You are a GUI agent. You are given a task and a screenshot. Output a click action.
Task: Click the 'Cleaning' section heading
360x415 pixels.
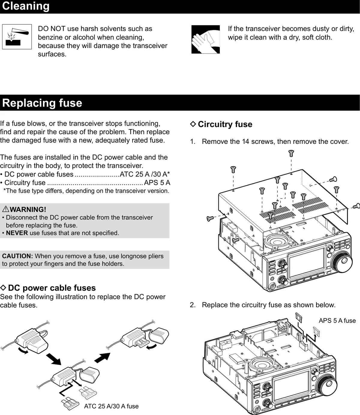(26, 6)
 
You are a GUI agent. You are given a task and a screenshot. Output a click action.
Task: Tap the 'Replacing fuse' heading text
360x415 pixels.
(42, 103)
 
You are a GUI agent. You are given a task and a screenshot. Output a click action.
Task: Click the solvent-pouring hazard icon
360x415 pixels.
(17, 37)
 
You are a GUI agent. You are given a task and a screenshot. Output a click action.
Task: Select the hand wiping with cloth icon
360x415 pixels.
(205, 39)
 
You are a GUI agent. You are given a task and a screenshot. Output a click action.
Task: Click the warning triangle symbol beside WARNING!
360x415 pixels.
(5, 209)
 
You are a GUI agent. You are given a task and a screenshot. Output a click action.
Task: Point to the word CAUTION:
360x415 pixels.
(17, 256)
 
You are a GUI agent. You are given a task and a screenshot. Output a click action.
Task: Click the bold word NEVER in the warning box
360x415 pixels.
(17, 233)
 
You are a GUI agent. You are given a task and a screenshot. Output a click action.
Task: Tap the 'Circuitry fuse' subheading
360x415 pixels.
(225, 124)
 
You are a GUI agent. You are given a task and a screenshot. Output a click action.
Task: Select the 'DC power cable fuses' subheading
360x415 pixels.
(52, 288)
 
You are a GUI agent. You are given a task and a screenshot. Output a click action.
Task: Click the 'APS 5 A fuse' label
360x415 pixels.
(337, 320)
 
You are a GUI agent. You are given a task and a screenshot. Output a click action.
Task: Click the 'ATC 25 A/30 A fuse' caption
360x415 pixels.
(111, 406)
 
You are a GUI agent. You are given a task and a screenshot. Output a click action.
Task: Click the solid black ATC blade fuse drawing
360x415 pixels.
(70, 403)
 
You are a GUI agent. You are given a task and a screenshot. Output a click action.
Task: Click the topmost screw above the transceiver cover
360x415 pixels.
(291, 153)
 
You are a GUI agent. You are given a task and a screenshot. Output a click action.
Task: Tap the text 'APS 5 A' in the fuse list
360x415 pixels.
(157, 183)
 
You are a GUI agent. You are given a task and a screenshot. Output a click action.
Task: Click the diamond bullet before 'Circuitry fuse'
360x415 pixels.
(193, 124)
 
